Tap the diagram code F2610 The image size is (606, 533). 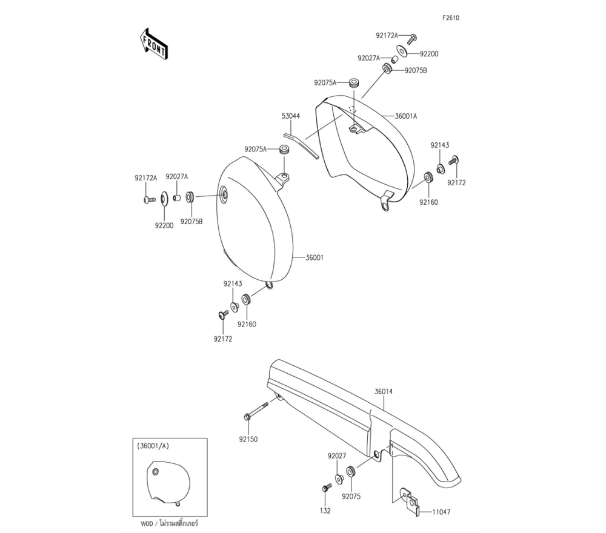451,18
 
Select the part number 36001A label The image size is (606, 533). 406,116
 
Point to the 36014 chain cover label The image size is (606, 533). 384,392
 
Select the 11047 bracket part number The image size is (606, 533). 441,512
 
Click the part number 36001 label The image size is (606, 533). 313,257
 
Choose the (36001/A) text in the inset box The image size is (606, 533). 154,445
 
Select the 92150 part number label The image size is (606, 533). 249,439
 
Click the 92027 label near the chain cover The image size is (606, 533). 337,455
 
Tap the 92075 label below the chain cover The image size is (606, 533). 351,496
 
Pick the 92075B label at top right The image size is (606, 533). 416,70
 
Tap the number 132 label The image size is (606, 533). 325,511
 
